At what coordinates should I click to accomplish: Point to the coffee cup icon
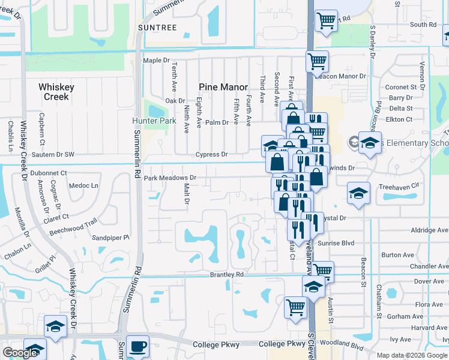tap(137, 346)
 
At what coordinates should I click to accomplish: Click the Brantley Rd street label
tap(226, 274)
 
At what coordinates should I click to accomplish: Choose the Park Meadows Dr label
tap(170, 178)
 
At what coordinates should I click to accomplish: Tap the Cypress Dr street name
tap(211, 154)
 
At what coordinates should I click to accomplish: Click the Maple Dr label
tap(157, 61)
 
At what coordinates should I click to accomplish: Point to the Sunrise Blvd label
tap(336, 243)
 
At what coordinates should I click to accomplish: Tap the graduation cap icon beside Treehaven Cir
tap(358, 193)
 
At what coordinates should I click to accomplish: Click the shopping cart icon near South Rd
tap(326, 22)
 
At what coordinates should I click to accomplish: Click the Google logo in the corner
tap(20, 353)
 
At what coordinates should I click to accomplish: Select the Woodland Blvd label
tap(343, 346)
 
